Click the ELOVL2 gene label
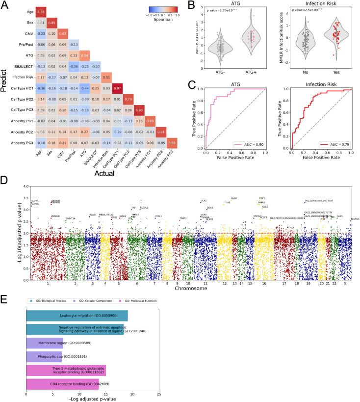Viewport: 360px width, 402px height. pos(144,208)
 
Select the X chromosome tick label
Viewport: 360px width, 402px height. pos(345,284)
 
